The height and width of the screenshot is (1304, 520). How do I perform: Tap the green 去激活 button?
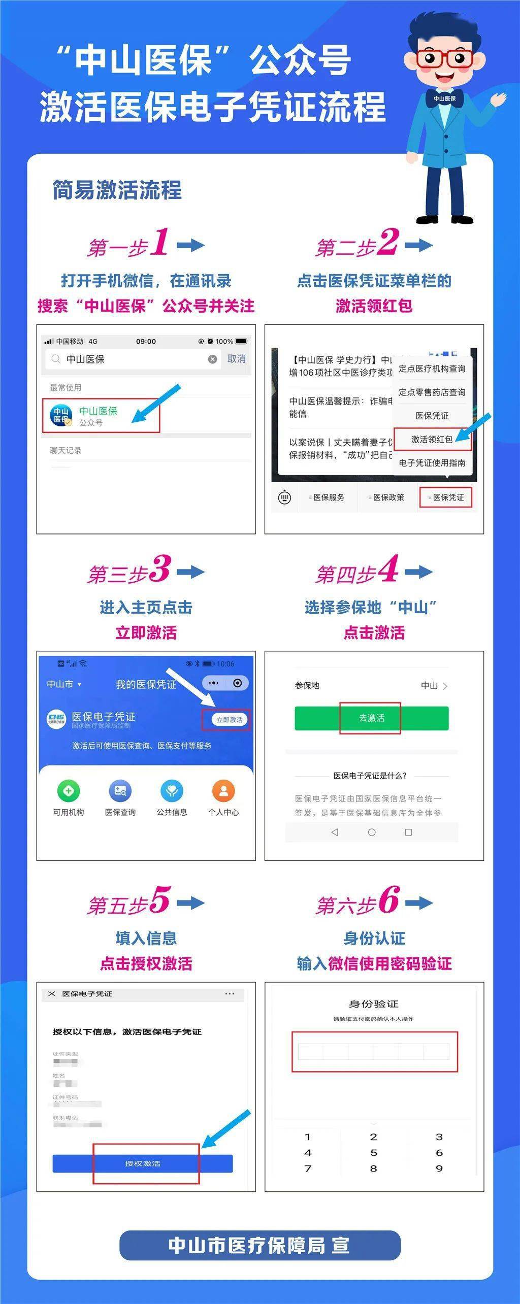click(x=371, y=718)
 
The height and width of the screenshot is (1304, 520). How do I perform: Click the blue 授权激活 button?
click(x=143, y=1163)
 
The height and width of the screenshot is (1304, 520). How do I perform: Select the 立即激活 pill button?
click(x=229, y=719)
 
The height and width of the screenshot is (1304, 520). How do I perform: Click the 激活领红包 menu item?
click(x=432, y=439)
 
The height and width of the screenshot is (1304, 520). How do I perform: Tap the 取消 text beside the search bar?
click(x=236, y=359)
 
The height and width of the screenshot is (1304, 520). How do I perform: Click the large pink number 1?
click(x=160, y=242)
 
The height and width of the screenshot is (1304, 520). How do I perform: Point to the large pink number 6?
click(x=389, y=900)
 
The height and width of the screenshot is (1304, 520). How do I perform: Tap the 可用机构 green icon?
click(x=69, y=790)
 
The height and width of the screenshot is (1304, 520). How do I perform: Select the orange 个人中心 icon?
click(x=223, y=790)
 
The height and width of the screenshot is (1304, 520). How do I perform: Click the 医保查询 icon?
click(x=120, y=790)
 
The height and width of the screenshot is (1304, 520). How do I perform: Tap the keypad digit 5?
click(x=374, y=1153)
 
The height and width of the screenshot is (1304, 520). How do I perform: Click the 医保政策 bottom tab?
click(x=388, y=497)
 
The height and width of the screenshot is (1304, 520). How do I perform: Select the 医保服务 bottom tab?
click(x=328, y=497)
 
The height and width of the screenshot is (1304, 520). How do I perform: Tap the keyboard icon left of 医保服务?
click(x=285, y=497)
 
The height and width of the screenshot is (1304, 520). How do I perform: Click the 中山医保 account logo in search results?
click(x=61, y=415)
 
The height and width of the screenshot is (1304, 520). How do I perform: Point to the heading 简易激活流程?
click(x=117, y=190)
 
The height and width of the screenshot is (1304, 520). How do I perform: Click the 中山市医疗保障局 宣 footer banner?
click(x=259, y=1245)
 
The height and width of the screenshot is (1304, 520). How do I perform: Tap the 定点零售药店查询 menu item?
click(x=432, y=392)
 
